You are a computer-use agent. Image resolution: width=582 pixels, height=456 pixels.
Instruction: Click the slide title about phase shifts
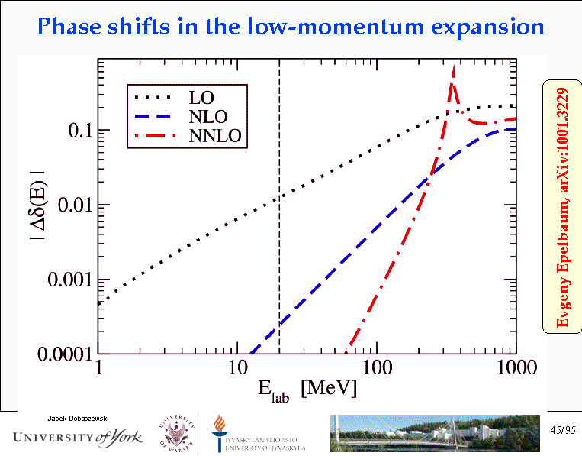291,28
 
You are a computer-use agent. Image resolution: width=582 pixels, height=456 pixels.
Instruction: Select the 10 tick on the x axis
238,367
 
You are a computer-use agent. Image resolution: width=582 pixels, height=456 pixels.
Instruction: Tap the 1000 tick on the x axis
513,367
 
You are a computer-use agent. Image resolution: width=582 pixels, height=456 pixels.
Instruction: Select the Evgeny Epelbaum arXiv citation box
562,206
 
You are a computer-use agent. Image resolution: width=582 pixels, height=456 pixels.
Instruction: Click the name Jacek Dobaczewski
79,418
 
